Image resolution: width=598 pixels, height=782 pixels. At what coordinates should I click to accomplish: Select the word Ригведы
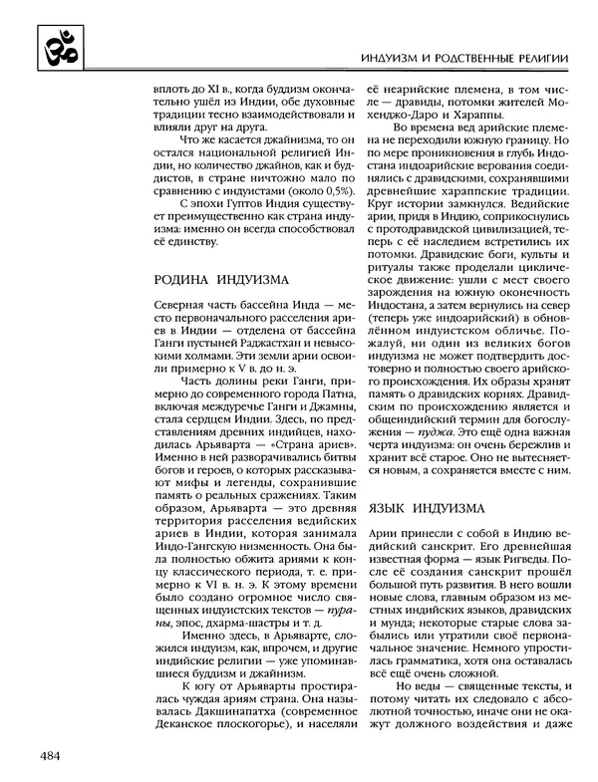(501, 589)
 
